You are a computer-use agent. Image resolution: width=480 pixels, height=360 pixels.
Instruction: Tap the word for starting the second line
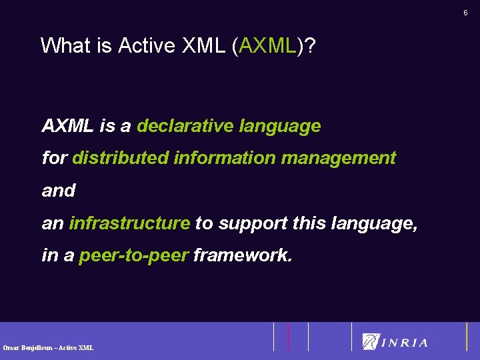[x=54, y=158]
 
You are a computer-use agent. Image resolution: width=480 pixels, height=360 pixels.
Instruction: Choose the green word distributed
[x=120, y=158]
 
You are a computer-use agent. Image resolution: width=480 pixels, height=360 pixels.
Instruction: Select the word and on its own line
[x=59, y=191]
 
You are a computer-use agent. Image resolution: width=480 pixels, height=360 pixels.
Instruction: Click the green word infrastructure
[x=129, y=223]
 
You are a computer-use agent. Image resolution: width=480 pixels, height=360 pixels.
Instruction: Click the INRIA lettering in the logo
[x=405, y=343]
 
